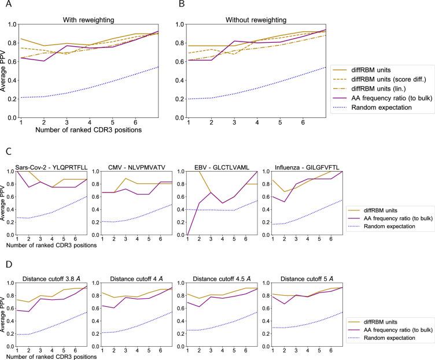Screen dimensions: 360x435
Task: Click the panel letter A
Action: point(4,5)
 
